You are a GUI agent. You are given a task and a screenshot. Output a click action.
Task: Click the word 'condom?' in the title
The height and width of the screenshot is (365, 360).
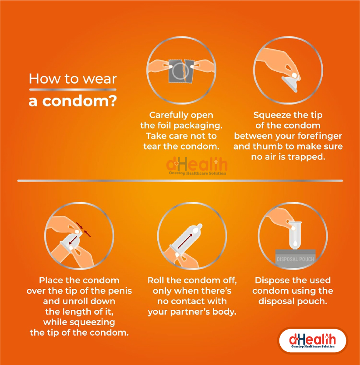79,101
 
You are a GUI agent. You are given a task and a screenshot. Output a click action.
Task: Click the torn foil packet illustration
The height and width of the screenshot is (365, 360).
181,71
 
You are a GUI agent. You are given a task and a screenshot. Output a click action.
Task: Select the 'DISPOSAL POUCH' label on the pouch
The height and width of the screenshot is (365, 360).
295,259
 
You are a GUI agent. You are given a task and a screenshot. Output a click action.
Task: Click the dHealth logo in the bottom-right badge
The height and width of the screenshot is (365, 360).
312,340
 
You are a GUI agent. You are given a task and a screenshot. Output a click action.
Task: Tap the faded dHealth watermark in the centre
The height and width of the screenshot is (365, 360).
197,166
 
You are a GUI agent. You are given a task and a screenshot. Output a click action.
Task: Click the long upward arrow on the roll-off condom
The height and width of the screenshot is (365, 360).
185,242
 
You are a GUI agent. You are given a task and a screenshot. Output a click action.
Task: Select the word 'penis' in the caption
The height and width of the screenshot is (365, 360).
120,291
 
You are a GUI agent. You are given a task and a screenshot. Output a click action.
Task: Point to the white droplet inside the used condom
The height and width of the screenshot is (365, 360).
295,243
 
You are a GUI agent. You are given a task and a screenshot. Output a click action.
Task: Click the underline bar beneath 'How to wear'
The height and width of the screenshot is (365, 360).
73,90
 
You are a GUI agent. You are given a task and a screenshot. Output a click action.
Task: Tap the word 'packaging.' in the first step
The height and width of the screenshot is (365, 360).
198,126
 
